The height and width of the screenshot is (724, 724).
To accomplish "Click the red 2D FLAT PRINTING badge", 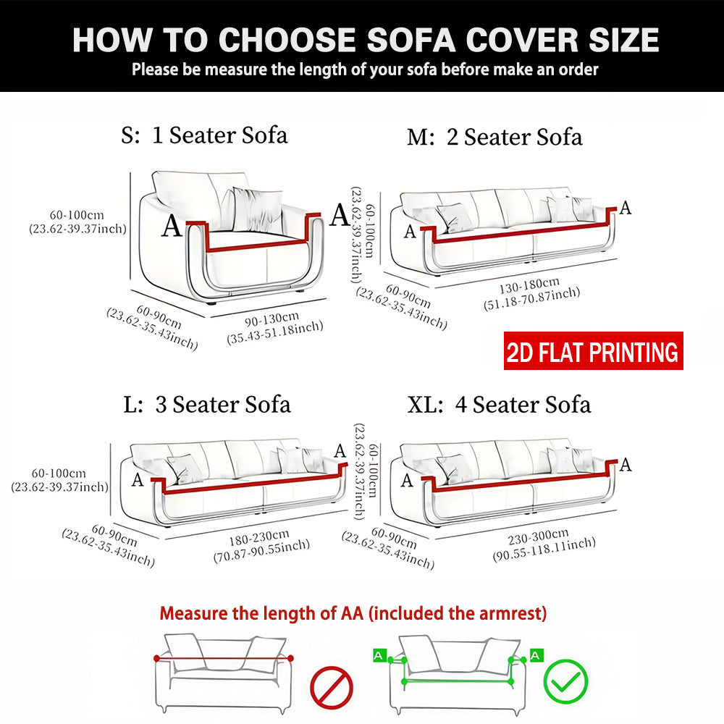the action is point(594,351).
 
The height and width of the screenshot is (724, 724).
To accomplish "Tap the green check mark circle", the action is point(565,681).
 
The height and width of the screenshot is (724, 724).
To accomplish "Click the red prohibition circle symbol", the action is point(331,688).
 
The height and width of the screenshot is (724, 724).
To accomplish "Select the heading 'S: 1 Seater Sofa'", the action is point(204,135).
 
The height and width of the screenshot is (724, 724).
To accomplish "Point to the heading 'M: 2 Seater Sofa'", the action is point(494,137).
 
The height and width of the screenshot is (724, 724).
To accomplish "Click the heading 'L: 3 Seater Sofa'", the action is point(207,405).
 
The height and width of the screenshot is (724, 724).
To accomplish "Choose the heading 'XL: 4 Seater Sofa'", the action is point(499,405).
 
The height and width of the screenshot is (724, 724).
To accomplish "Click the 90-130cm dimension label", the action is point(272,319).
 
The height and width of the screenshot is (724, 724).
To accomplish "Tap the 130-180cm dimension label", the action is point(529,285).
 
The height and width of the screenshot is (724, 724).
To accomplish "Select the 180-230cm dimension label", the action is point(259,537).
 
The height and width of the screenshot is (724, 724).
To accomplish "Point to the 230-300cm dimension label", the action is point(539,536).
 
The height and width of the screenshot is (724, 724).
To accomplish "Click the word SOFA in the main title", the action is point(411,40).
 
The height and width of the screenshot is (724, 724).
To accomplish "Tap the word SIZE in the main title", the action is point(624,40).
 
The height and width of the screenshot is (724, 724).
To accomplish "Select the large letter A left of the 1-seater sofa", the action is point(172,226).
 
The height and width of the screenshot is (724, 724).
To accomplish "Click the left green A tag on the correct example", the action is point(379,655).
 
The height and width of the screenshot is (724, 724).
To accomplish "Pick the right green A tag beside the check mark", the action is point(536,655).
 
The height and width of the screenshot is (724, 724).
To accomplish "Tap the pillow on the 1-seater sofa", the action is point(257,210).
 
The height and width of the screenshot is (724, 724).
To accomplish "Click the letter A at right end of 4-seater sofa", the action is point(626,464).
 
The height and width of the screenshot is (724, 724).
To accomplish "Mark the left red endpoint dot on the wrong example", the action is point(157,658).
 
